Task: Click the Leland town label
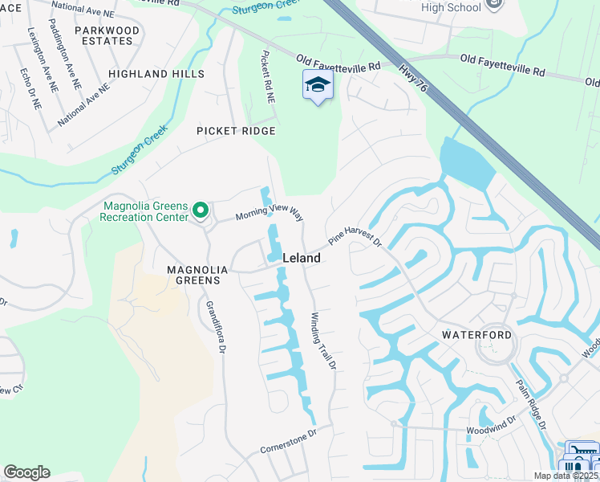point(302,259)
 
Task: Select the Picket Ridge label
point(236,131)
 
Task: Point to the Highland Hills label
point(156,74)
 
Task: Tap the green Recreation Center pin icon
point(201,212)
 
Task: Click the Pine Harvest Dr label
point(355,235)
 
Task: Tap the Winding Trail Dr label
point(322,341)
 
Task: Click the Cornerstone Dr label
point(290,441)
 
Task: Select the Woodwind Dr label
point(491,427)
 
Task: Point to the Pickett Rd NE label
point(269,78)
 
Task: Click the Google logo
point(26,472)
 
